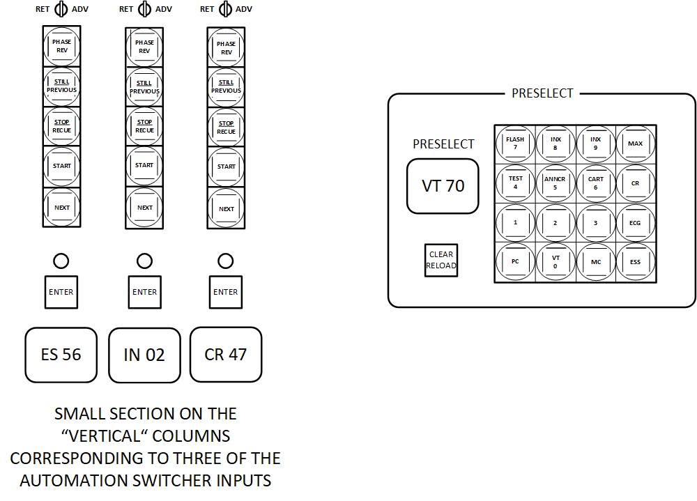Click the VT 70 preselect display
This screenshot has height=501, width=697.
click(443, 186)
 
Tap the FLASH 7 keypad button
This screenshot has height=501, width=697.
click(515, 144)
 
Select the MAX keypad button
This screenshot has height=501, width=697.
click(635, 144)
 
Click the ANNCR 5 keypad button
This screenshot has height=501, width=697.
click(555, 183)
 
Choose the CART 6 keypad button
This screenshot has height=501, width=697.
click(595, 183)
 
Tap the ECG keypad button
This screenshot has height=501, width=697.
click(635, 223)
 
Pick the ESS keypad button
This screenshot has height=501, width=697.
click(635, 262)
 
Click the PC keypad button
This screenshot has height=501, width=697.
click(515, 262)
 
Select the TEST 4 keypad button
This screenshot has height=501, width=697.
click(515, 183)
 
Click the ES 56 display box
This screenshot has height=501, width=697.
click(61, 355)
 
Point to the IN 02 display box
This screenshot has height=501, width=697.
click(144, 355)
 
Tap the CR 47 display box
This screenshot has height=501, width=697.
click(226, 355)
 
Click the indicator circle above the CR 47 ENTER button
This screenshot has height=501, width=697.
click(226, 261)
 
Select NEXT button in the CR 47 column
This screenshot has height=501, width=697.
click(227, 208)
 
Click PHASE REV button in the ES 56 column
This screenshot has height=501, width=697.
click(62, 46)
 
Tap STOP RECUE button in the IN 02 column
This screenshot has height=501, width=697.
click(144, 126)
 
